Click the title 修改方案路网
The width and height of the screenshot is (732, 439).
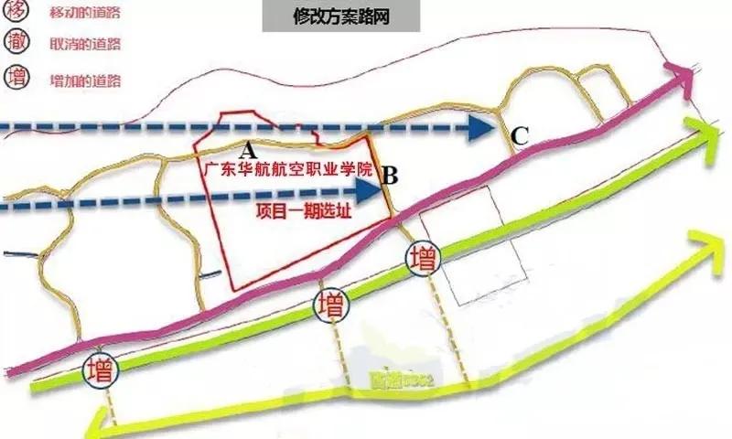tap(340, 18)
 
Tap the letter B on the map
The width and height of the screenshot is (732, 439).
tap(389, 173)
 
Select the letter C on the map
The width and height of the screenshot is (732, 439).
tap(520, 136)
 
